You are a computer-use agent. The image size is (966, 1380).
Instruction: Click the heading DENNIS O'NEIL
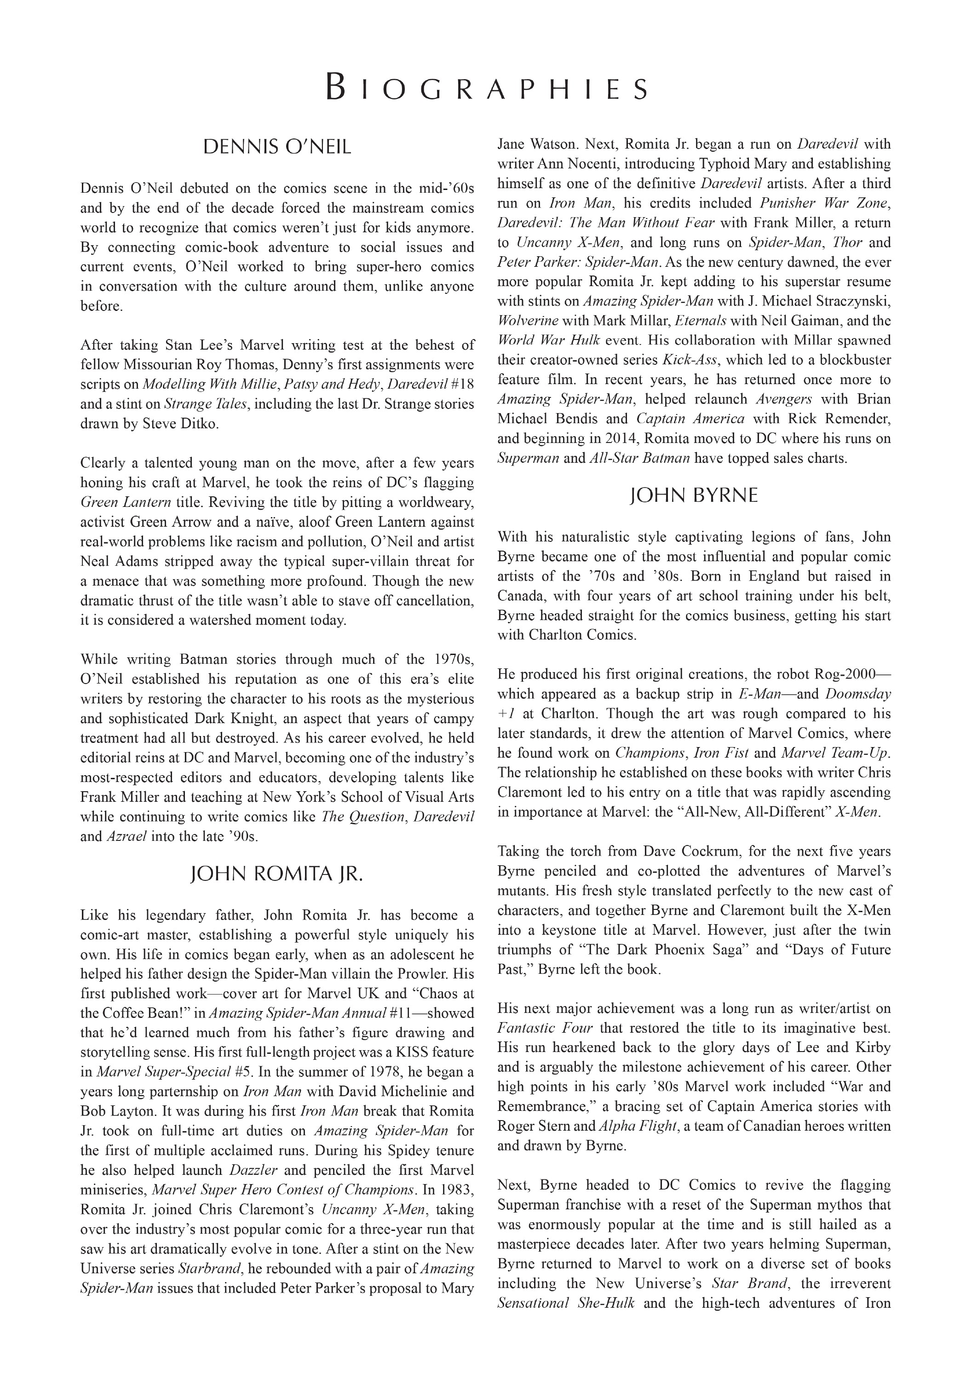pyautogui.click(x=276, y=147)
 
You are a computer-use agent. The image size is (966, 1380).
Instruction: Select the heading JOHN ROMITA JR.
pyautogui.click(x=276, y=874)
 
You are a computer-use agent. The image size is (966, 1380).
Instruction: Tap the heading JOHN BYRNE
pyautogui.click(x=694, y=495)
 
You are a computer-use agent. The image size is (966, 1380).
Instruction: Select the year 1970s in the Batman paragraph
pyautogui.click(x=453, y=659)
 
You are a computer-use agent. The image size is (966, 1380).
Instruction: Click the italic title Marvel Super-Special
pyautogui.click(x=163, y=1072)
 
